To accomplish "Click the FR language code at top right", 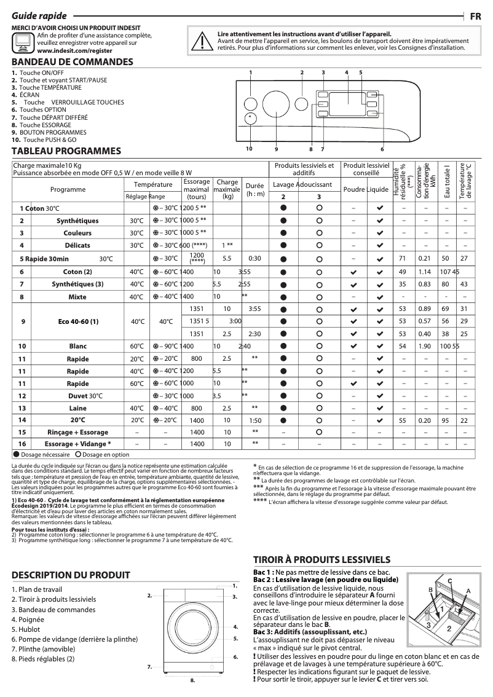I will pos(475,17).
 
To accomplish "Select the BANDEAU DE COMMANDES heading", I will pos(73,62).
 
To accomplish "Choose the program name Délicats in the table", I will pos(77,245).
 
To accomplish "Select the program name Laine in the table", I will pos(77,408).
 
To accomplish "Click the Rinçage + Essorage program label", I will pos(77,433).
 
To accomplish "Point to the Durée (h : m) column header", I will pos(254,189).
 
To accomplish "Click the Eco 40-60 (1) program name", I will pos(77,321).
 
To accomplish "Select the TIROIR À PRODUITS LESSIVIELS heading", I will pos(322,559).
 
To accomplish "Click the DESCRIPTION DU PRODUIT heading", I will pos(71,575).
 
